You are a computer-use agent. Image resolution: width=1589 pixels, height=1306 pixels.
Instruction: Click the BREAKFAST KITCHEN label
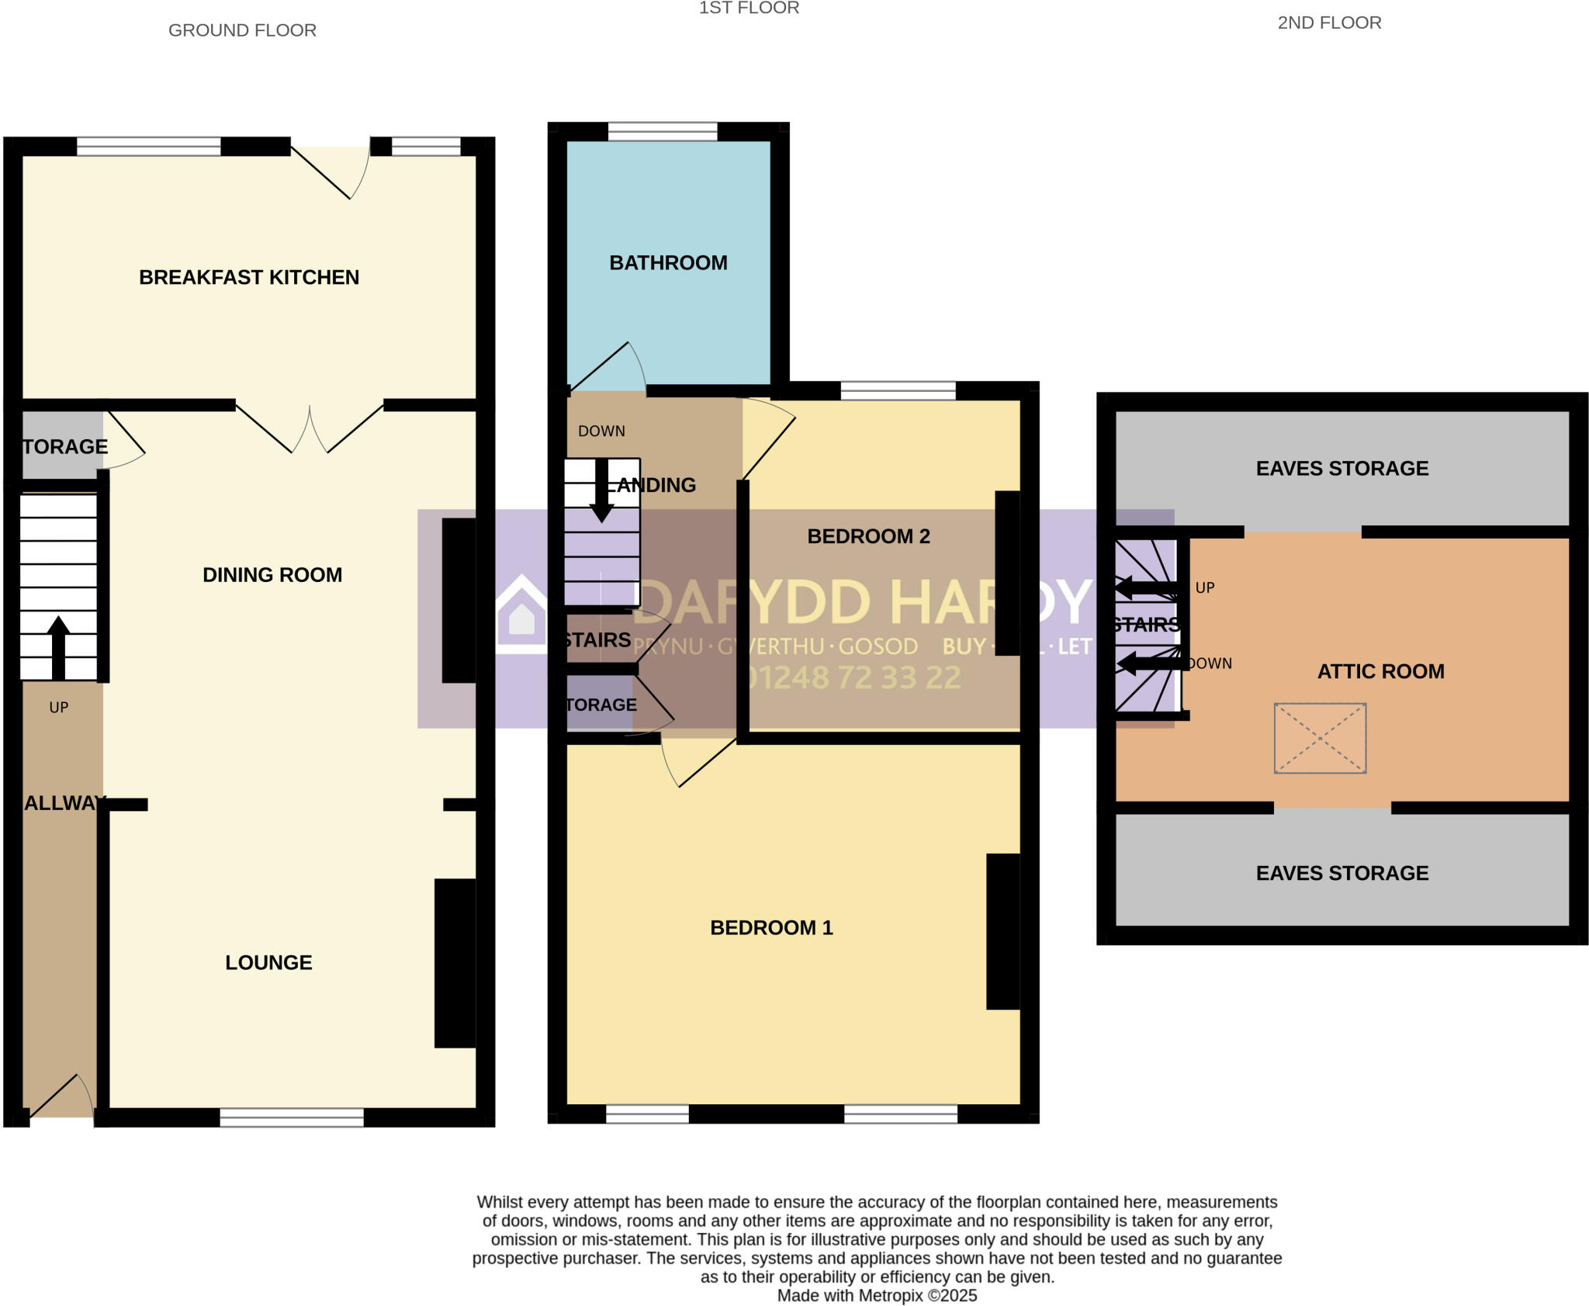[248, 277]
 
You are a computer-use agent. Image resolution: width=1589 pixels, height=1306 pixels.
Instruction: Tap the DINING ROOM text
[272, 575]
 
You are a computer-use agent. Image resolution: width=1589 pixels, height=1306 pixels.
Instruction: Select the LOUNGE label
[268, 962]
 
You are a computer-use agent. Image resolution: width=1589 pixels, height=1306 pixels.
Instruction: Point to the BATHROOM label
[668, 263]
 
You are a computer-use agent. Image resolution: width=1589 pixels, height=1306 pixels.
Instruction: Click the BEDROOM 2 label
[868, 536]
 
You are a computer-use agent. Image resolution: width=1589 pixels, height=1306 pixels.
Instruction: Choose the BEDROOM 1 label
[771, 927]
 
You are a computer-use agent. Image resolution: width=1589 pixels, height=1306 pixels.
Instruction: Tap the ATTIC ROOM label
[1380, 671]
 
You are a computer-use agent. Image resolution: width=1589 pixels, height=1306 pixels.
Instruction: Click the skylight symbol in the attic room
[1320, 738]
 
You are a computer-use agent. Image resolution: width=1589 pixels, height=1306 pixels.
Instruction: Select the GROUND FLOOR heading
[242, 30]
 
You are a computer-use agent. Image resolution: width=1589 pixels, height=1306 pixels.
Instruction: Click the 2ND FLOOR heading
[1329, 23]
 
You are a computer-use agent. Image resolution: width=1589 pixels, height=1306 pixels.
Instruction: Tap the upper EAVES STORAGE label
[1341, 468]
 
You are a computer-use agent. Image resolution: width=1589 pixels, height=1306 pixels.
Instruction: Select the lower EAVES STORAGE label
[1341, 873]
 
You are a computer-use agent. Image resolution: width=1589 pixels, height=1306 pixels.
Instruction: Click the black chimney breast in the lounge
[455, 962]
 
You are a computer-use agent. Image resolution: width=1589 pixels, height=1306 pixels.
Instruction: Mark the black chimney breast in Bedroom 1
[1002, 931]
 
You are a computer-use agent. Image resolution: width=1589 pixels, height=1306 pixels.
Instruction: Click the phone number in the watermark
[853, 678]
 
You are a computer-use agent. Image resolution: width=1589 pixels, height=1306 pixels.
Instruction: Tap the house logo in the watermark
[521, 613]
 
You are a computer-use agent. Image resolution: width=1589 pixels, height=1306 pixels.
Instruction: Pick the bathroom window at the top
[662, 131]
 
